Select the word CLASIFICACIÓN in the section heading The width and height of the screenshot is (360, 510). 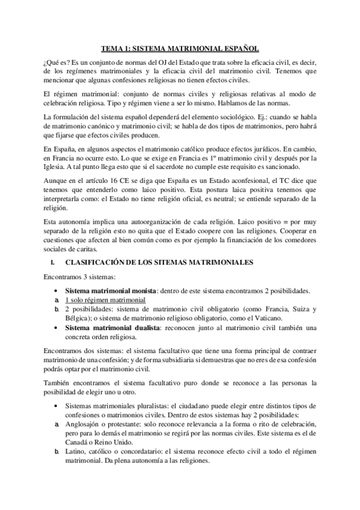click(96, 262)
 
